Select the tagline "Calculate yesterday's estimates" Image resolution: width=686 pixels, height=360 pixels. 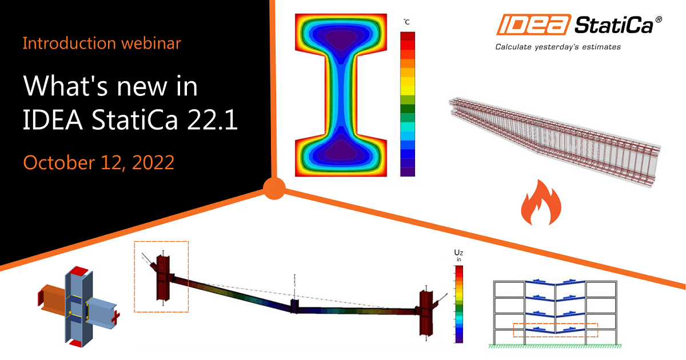(557, 47)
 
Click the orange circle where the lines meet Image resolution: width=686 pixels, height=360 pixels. (276, 187)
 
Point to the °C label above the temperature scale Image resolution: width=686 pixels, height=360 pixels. (407, 22)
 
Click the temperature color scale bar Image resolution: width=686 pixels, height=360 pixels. (408, 103)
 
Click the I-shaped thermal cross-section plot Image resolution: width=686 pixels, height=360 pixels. (342, 94)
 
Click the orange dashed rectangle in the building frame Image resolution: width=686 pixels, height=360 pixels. (555, 330)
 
